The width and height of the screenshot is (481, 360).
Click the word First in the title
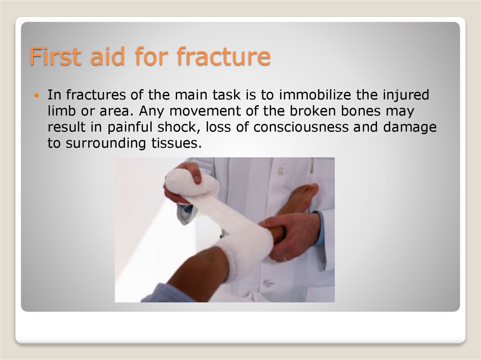click(x=56, y=56)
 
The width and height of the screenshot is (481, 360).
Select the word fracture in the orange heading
click(x=224, y=56)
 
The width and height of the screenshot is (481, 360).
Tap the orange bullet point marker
click(x=37, y=96)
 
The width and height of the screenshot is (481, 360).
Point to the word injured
click(x=406, y=95)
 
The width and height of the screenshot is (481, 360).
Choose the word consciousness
click(x=301, y=127)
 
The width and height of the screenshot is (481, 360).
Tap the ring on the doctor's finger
click(x=285, y=259)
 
